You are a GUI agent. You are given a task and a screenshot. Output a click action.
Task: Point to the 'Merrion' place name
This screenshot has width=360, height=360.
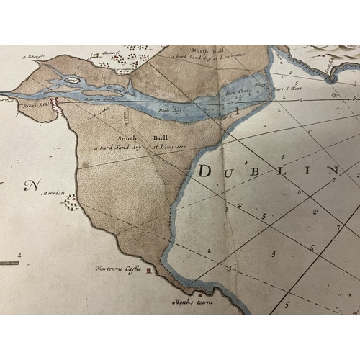point(53,193)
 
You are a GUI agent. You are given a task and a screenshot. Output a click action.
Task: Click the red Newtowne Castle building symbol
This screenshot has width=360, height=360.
point(150,271)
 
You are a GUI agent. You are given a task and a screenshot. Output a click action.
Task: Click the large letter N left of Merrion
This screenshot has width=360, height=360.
point(31,186)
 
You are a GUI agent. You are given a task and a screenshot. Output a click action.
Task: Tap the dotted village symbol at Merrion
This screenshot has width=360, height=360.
point(71,202)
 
